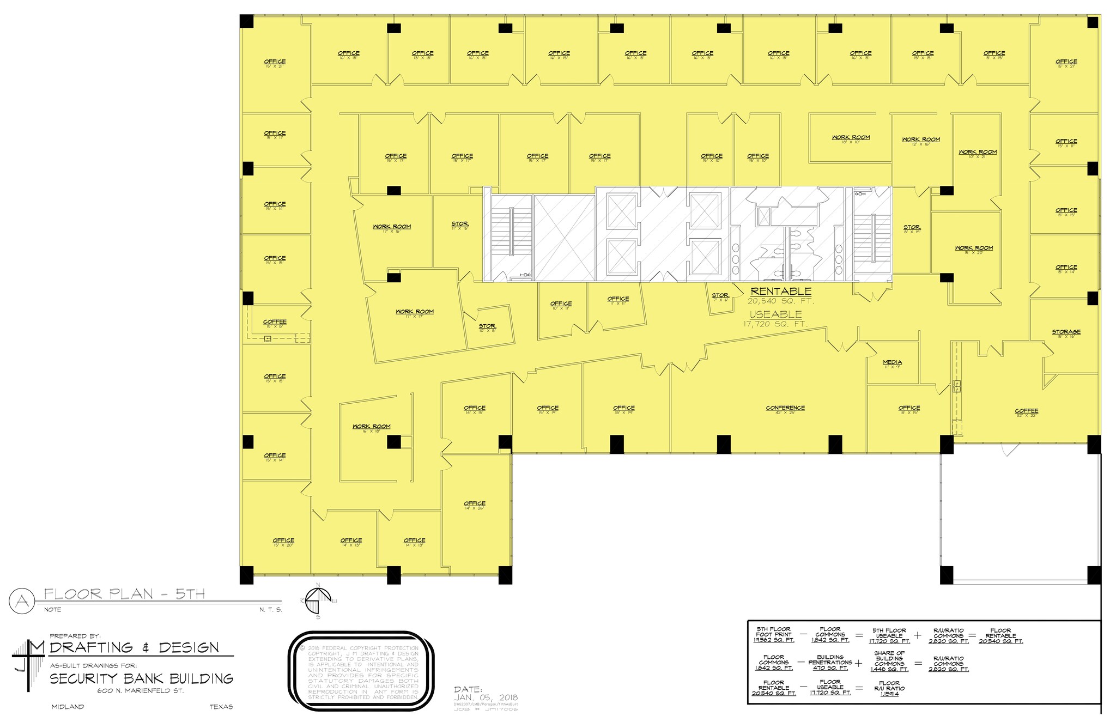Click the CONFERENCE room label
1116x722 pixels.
tap(785, 408)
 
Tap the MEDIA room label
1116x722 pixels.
tap(892, 362)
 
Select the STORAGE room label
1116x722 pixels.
tap(1066, 332)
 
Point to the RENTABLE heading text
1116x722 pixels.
tap(781, 292)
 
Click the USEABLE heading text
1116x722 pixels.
tap(775, 314)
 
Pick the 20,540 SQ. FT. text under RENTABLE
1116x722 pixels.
tap(781, 301)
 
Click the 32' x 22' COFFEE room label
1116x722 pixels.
tap(1026, 411)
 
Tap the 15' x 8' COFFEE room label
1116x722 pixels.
tap(275, 323)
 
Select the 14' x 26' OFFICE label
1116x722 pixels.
tap(475, 504)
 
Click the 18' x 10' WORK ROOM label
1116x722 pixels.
tap(851, 138)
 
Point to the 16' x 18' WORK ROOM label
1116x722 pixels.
tap(371, 427)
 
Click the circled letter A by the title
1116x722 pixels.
tap(22, 601)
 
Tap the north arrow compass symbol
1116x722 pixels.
tap(318, 602)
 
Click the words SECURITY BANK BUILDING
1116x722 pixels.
tap(142, 679)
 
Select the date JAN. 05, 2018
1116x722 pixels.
tap(486, 697)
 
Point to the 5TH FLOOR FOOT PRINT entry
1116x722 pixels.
tap(773, 635)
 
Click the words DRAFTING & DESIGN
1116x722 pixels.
tap(135, 647)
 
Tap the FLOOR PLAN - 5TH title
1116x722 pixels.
tap(124, 593)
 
